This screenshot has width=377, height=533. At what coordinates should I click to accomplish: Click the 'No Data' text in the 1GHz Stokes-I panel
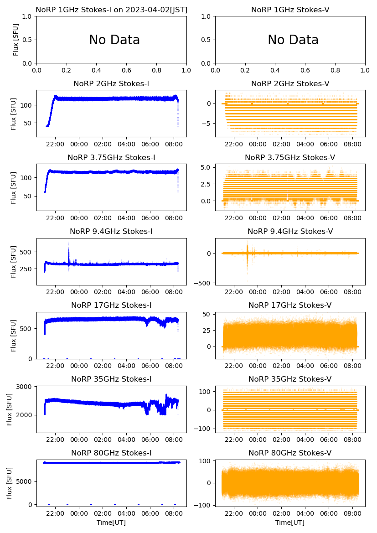coord(114,40)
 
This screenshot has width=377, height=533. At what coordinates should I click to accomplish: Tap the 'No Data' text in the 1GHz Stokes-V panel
coord(293,40)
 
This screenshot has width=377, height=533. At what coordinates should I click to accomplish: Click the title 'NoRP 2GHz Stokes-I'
coord(111,83)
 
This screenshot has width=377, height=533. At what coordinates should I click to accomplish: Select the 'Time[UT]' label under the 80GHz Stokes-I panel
coord(111,523)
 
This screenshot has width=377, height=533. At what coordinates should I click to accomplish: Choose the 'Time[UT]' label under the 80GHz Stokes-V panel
coord(290,523)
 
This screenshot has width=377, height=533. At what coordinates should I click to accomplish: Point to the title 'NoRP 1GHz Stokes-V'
coord(290,10)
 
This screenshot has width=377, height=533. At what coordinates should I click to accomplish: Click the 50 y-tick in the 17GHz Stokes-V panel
coord(206,315)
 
